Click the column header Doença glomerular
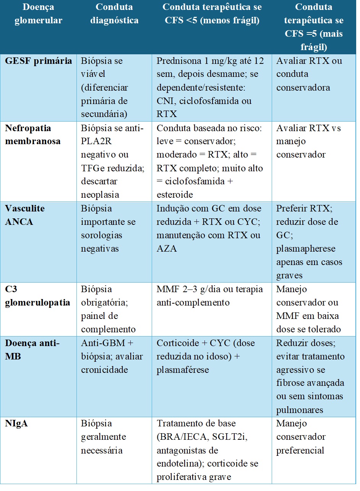click(x=38, y=14)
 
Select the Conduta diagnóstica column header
click(x=114, y=14)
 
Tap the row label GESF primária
click(x=38, y=61)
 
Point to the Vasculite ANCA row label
click(x=25, y=215)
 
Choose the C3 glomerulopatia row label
click(x=37, y=296)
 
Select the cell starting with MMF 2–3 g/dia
click(x=209, y=296)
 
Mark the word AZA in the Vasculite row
click(x=165, y=249)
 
